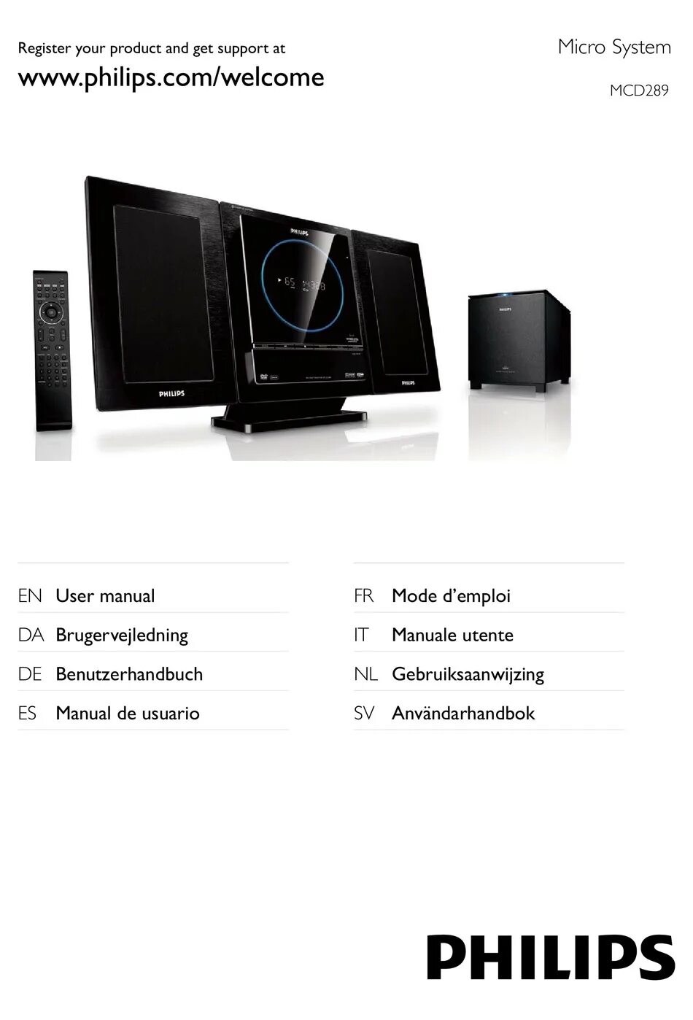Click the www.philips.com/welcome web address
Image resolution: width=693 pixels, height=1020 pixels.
point(171,77)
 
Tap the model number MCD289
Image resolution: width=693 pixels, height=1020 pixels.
point(638,91)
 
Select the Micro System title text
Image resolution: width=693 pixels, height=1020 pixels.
point(613,47)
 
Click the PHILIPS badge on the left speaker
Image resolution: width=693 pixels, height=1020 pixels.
point(171,394)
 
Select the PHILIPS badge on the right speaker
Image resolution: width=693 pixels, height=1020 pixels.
point(407,382)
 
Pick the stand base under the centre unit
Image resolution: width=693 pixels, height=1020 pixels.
point(287,420)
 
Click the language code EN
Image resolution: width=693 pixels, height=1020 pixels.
point(30,596)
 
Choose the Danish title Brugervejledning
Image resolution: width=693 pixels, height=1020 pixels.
point(122,635)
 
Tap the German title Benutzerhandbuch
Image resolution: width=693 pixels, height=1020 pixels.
point(129,674)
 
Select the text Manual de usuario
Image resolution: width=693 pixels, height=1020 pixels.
point(128,714)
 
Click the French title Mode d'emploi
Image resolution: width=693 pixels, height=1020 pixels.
point(451,596)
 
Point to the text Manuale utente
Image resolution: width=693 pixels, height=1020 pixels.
point(452,635)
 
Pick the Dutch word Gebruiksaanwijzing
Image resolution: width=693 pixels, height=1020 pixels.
point(468,674)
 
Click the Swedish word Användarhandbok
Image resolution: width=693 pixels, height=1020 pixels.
point(463,714)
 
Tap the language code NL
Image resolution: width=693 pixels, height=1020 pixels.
point(365,674)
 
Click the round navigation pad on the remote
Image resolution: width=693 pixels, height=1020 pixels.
point(50,312)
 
